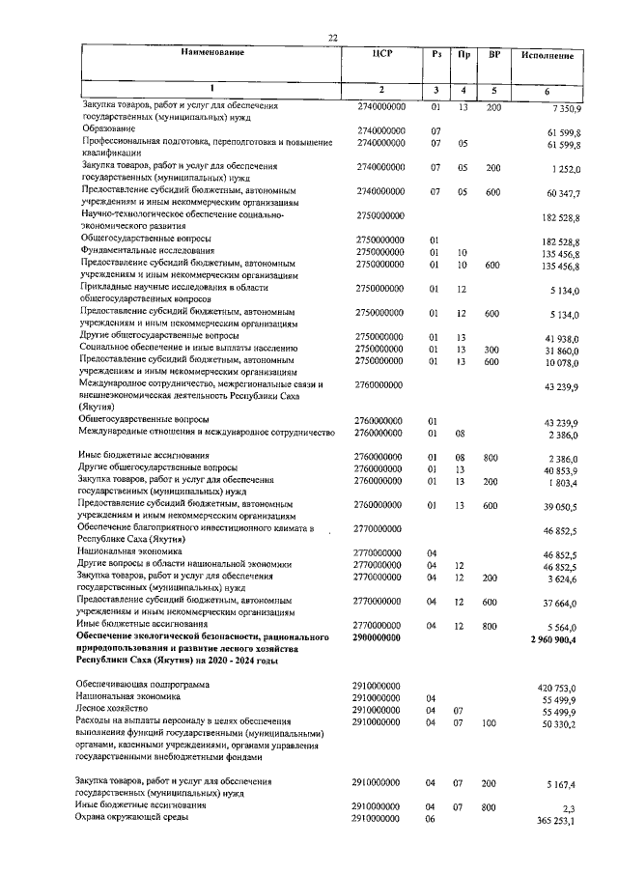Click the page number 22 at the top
point(332,37)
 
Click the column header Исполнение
point(548,57)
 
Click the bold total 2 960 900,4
point(554,640)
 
